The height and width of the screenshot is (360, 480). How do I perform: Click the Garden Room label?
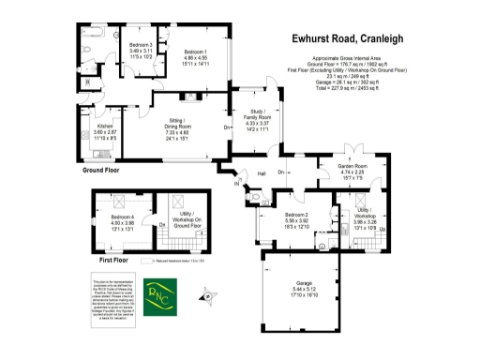point(356,169)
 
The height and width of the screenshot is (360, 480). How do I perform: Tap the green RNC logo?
point(165,296)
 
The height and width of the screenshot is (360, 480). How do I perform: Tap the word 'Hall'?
point(262,174)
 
